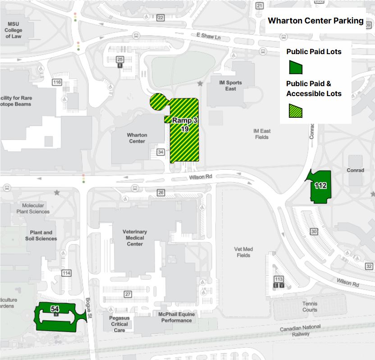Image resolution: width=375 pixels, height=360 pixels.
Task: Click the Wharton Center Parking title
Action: click(x=316, y=21)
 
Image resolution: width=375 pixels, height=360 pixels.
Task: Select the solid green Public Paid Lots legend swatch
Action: click(x=296, y=68)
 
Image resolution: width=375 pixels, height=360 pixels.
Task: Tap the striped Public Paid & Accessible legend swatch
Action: click(x=296, y=110)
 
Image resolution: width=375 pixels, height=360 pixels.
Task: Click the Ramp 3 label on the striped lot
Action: click(x=184, y=121)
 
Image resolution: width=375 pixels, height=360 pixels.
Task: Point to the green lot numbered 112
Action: click(x=320, y=185)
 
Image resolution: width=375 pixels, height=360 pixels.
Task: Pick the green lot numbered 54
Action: click(x=55, y=309)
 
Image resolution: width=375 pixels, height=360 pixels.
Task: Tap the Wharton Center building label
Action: click(x=137, y=138)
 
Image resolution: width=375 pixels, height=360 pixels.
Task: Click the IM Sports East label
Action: click(x=230, y=86)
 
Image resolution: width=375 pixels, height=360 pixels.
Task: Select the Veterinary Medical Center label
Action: click(x=135, y=238)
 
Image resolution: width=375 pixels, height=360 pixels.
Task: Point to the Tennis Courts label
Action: click(x=310, y=307)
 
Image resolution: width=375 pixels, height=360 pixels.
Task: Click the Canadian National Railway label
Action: click(x=300, y=331)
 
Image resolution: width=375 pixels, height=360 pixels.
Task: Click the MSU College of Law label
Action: click(x=13, y=30)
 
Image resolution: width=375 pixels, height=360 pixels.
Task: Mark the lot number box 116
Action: click(x=57, y=82)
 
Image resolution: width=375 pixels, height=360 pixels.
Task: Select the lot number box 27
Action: click(x=128, y=294)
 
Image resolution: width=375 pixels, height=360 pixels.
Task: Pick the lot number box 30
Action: click(x=314, y=231)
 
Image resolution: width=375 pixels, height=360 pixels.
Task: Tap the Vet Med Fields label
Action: click(x=243, y=252)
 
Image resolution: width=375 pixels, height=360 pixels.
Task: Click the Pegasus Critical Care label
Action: click(x=119, y=324)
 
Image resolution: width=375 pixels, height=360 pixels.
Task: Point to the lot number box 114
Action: click(x=67, y=273)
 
